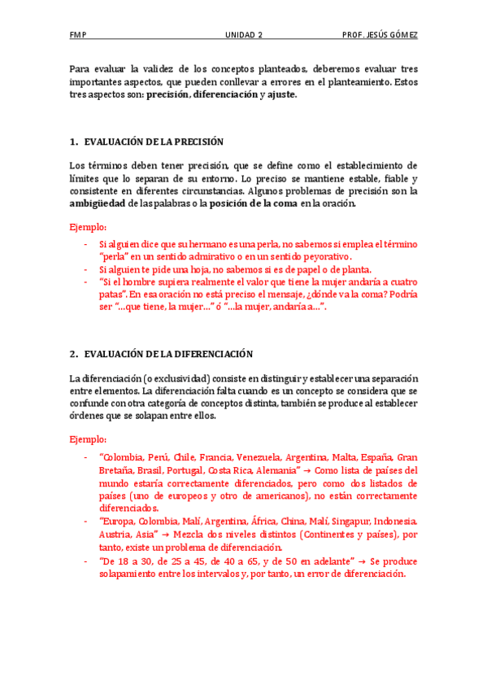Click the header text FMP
(x=78, y=35)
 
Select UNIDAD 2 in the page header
(x=244, y=35)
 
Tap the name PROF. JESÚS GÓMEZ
(x=380, y=35)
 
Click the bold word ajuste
(x=281, y=94)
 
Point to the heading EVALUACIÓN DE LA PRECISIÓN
(x=154, y=142)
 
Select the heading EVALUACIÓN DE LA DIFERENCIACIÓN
(x=168, y=354)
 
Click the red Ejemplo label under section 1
(x=88, y=227)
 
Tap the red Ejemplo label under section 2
(x=88, y=439)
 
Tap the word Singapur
(x=353, y=522)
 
